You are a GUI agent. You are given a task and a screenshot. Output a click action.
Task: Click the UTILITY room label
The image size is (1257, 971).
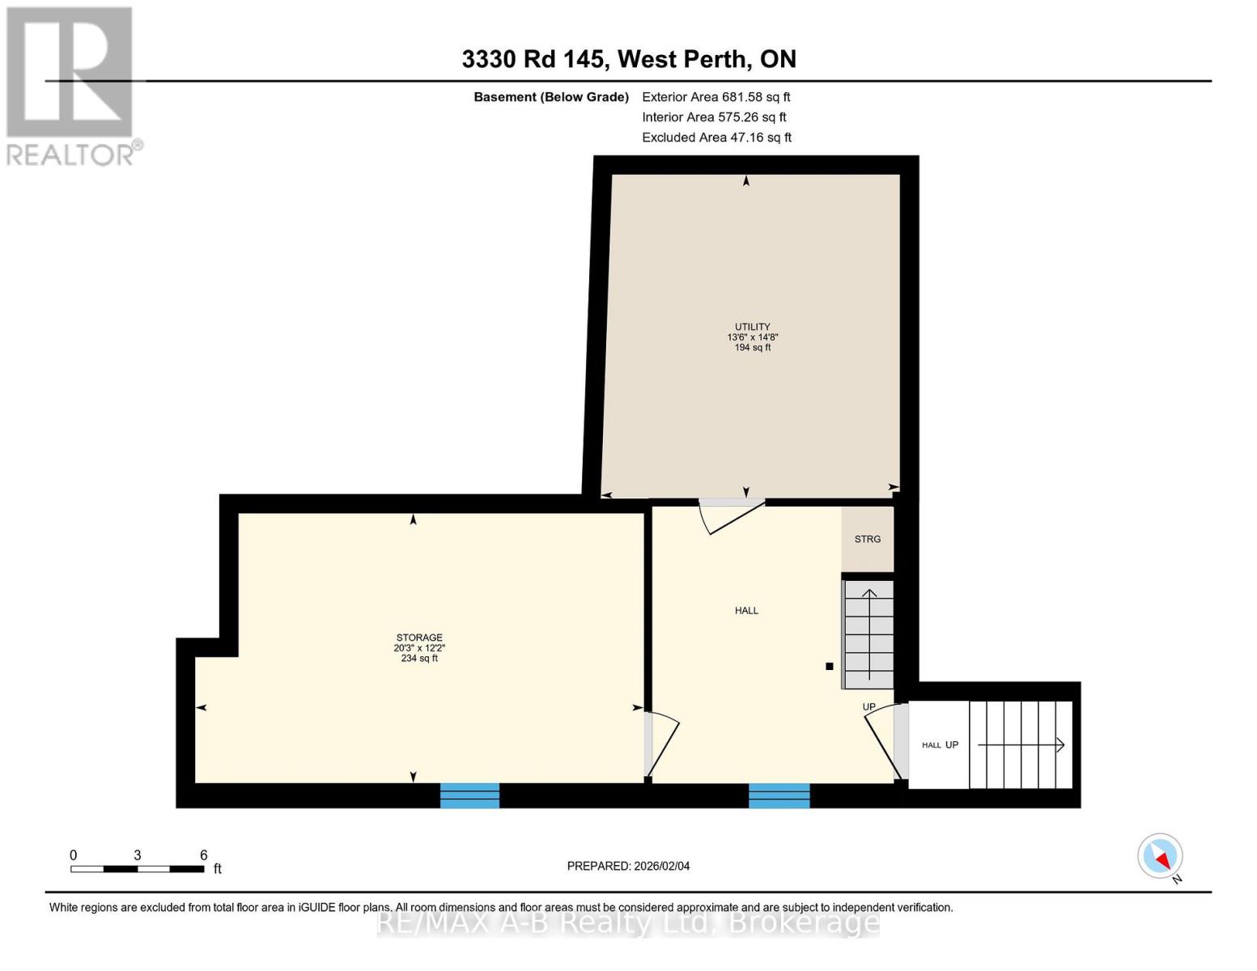click(752, 327)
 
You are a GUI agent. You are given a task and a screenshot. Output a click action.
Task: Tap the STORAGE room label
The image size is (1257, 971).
click(419, 638)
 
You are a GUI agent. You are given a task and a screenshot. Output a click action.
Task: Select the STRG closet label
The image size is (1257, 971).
click(868, 539)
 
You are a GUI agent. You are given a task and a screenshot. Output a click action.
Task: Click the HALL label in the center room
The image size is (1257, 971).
click(746, 611)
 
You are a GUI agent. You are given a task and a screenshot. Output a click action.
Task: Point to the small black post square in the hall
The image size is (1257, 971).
click(829, 667)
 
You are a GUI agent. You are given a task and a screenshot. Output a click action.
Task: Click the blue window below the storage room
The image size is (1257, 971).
click(469, 795)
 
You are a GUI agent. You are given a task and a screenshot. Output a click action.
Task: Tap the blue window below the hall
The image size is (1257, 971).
click(779, 795)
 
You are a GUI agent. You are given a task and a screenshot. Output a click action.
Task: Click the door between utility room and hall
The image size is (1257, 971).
click(731, 515)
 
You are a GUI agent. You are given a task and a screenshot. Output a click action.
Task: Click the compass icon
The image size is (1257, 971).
click(1160, 856)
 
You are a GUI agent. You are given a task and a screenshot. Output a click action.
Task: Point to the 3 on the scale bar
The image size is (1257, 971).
click(138, 855)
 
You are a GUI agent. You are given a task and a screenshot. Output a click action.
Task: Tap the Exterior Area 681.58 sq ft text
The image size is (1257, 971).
click(716, 97)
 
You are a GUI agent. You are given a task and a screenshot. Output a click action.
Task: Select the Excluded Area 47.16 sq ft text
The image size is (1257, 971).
click(716, 138)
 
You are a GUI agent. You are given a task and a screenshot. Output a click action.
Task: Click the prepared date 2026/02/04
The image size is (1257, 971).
click(628, 866)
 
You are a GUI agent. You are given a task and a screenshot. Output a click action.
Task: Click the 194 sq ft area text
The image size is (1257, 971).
click(752, 348)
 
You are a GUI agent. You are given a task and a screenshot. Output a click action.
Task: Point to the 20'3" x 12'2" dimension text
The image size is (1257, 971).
click(419, 648)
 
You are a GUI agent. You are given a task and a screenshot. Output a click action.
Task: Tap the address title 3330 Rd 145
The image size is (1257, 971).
click(533, 59)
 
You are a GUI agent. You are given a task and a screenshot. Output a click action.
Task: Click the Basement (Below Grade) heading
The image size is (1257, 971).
click(550, 97)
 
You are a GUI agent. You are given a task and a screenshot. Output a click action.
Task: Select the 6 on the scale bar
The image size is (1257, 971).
click(204, 855)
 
